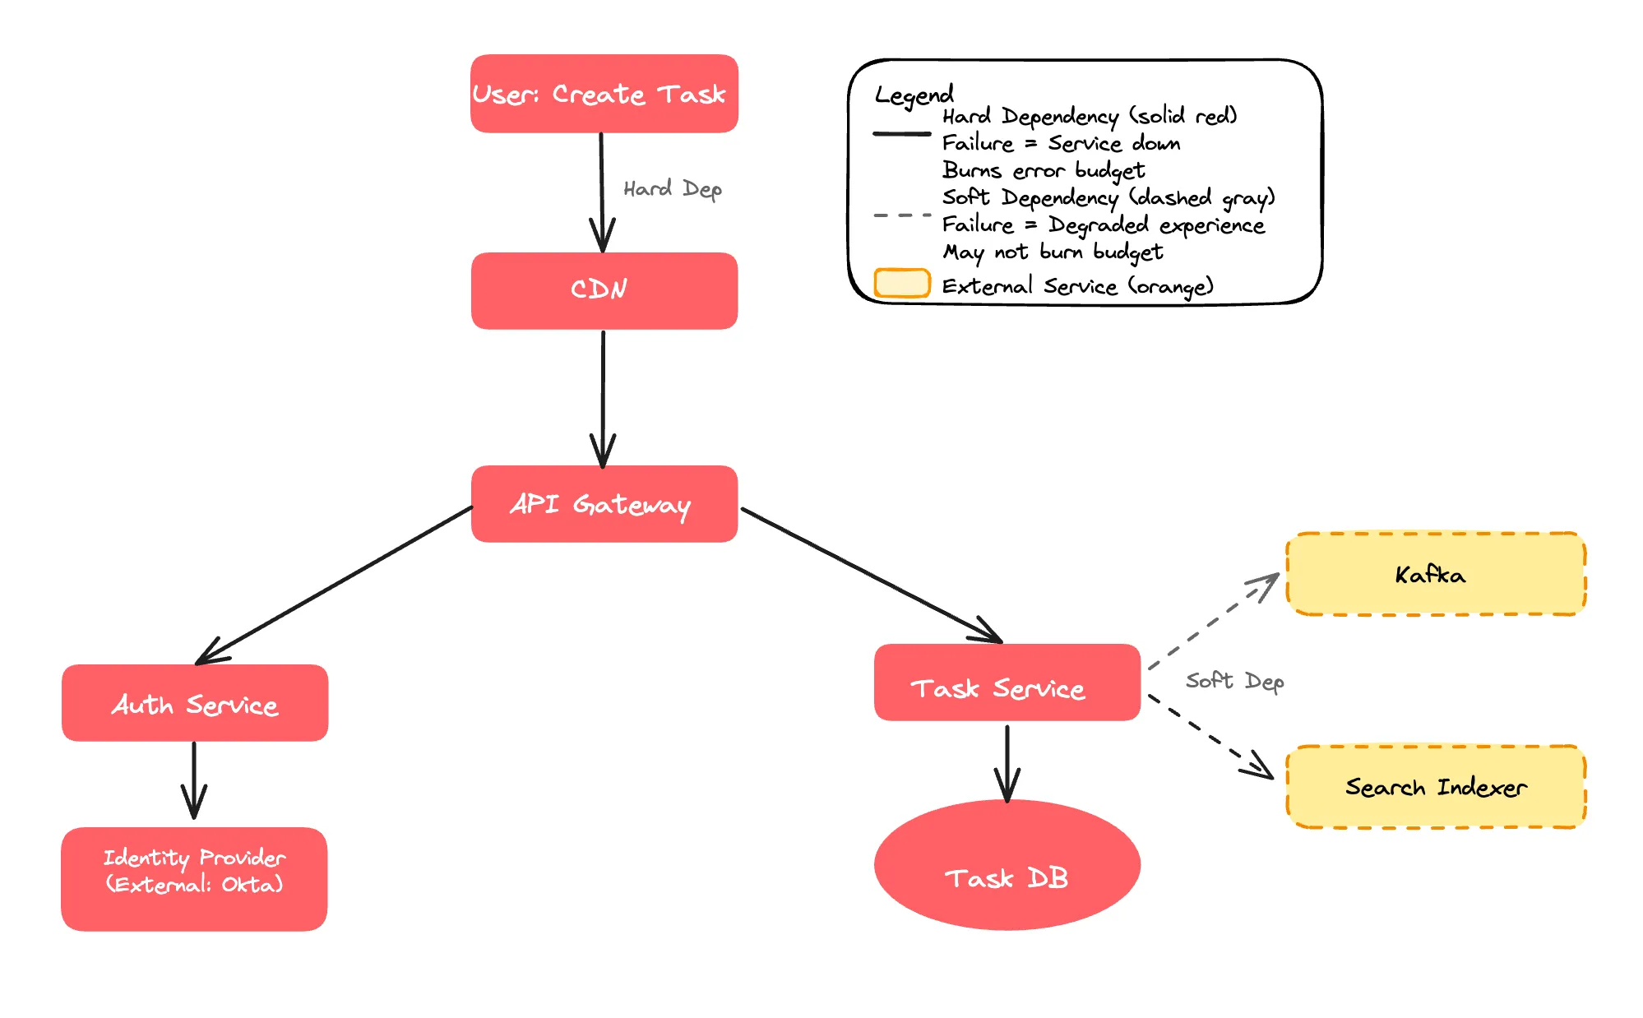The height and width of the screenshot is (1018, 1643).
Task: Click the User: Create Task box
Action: [604, 94]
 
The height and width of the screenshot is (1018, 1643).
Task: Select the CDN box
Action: [604, 290]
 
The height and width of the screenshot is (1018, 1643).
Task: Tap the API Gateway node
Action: [604, 503]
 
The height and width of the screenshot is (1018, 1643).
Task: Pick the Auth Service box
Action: [195, 703]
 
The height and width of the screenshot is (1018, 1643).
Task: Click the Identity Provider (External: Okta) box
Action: [194, 878]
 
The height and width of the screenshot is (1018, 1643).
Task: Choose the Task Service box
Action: [1007, 683]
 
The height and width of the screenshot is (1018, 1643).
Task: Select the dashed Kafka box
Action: [1435, 574]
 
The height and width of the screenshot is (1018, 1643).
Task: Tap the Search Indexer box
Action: [1435, 787]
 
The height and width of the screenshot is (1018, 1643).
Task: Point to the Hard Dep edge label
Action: [672, 189]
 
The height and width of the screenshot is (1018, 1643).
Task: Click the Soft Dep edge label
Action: [1234, 681]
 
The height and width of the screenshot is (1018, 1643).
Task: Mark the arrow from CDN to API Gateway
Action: [603, 395]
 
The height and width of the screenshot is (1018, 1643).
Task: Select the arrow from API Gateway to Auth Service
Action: [337, 585]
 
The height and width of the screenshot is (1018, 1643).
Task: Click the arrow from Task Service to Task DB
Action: [1007, 761]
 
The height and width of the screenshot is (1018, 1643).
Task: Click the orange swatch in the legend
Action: [901, 283]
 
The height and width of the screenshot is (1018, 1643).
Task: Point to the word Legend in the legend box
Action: [914, 95]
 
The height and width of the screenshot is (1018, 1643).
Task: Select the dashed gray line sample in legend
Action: [902, 215]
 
